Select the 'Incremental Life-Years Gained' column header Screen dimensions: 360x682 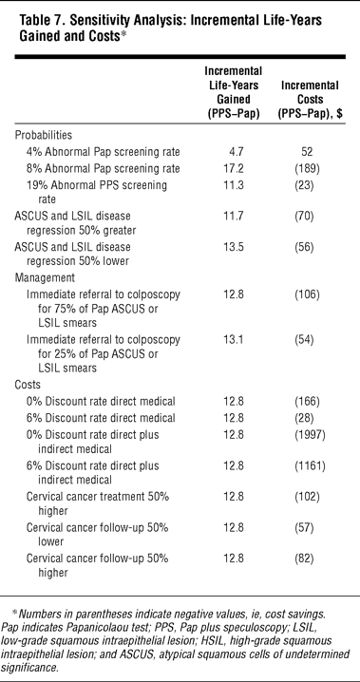click(233, 92)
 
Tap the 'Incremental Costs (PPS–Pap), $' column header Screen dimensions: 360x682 click(309, 99)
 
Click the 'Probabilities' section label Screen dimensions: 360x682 click(44, 135)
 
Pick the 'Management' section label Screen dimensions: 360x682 click(46, 278)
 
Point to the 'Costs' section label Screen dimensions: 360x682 click(28, 385)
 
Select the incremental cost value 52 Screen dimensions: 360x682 click(306, 152)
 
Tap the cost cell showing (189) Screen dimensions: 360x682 click(306, 168)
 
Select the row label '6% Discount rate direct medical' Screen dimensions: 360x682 click(101, 418)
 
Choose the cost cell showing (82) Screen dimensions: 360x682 click(306, 558)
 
